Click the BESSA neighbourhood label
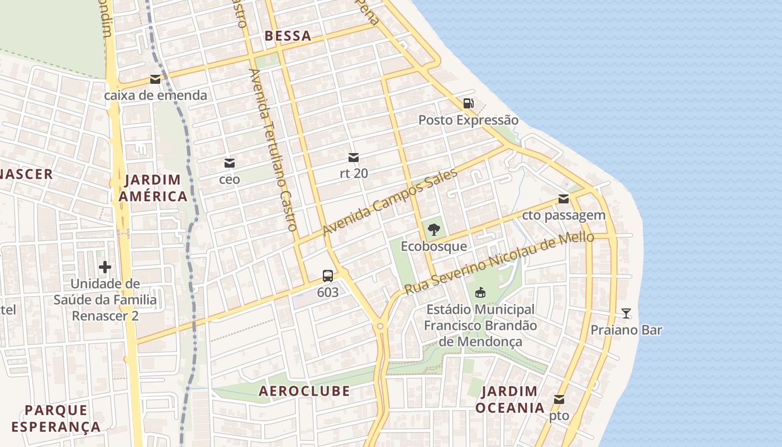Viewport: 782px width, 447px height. (x=288, y=36)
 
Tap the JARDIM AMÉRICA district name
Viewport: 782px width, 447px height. (x=152, y=188)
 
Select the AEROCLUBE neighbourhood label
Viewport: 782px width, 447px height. (x=304, y=391)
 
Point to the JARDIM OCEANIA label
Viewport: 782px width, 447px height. (x=509, y=400)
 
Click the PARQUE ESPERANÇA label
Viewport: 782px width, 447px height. (x=56, y=419)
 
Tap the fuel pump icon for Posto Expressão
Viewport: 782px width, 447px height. (x=468, y=103)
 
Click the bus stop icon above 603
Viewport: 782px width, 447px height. (x=328, y=276)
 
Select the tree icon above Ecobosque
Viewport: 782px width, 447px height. (x=433, y=229)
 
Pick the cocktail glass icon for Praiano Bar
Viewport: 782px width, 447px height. (x=626, y=313)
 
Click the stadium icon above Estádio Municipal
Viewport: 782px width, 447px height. (x=480, y=292)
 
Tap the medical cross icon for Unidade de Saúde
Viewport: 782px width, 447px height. (x=104, y=267)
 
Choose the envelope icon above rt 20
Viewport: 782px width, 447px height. (x=353, y=158)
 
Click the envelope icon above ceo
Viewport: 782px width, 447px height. (x=229, y=163)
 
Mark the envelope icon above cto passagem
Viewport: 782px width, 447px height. (x=564, y=199)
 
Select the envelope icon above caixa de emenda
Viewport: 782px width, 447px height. (x=155, y=79)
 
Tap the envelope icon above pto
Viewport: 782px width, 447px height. (x=559, y=400)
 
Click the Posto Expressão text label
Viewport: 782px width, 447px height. (x=468, y=120)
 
